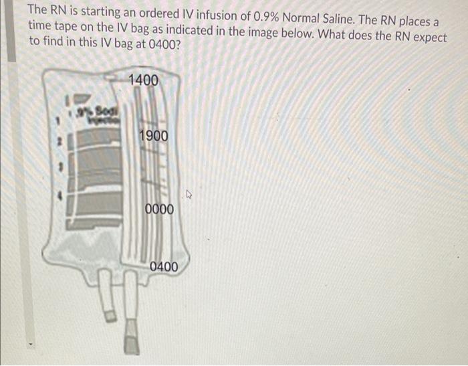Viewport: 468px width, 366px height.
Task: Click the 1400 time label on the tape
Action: tap(143, 80)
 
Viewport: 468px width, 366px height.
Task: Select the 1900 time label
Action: tap(154, 136)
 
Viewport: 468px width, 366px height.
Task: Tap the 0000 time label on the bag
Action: tap(159, 209)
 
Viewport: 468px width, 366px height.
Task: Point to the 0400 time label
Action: tap(164, 267)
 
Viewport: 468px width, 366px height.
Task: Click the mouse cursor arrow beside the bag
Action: tap(190, 196)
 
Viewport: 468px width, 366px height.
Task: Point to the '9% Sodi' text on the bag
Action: tap(98, 108)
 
